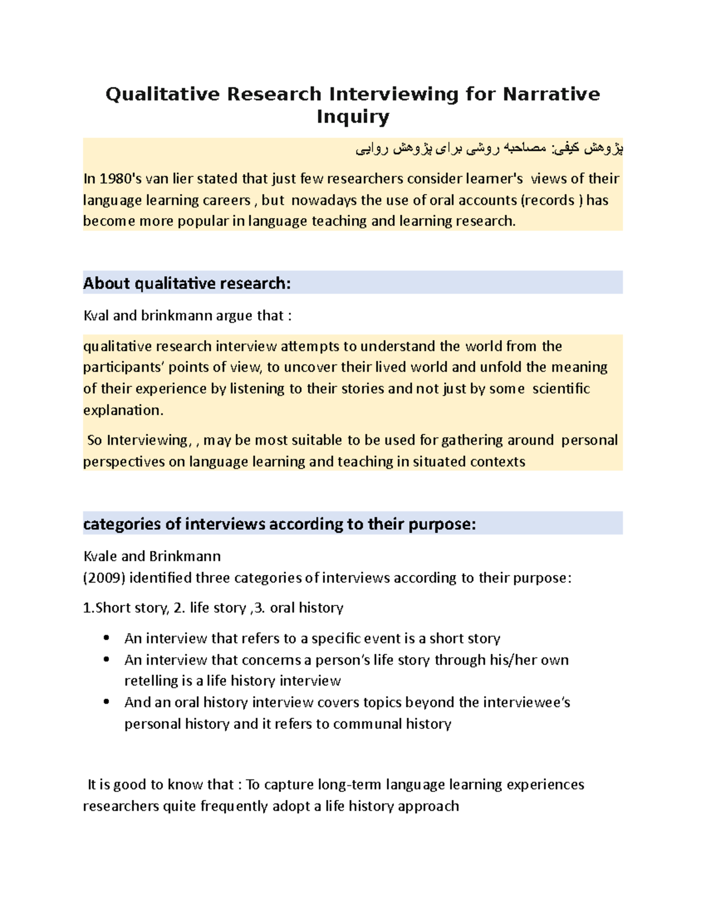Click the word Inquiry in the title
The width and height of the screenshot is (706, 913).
pyautogui.click(x=352, y=117)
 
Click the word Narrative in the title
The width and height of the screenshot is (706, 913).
pyautogui.click(x=551, y=94)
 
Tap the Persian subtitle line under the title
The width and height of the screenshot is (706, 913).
pyautogui.click(x=489, y=149)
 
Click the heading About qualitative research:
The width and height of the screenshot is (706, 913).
pyautogui.click(x=187, y=283)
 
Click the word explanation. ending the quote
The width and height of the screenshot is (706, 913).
pyautogui.click(x=123, y=410)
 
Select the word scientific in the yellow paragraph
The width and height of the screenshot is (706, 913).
pyautogui.click(x=561, y=389)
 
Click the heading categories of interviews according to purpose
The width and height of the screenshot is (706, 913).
pyautogui.click(x=279, y=524)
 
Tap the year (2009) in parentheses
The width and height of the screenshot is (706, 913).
pyautogui.click(x=104, y=578)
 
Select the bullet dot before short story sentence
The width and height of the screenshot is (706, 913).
pyautogui.click(x=106, y=638)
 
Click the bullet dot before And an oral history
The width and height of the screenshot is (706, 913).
pyautogui.click(x=106, y=702)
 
